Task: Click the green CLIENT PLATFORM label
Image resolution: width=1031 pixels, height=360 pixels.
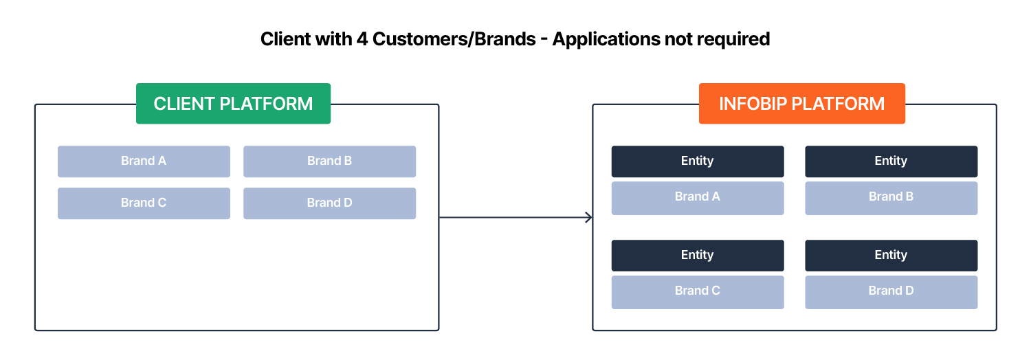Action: (233, 104)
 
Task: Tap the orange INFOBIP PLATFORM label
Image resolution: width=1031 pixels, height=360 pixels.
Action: (801, 104)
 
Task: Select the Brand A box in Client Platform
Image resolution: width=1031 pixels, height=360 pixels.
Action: (144, 161)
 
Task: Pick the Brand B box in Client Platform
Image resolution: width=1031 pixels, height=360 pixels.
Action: (329, 161)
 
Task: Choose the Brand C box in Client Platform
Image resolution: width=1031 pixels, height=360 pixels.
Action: (144, 203)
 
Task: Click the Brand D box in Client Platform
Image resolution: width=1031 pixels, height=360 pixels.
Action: (329, 203)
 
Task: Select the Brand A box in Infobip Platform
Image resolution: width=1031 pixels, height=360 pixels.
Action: (697, 197)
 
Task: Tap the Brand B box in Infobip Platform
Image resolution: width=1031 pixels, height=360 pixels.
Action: (891, 197)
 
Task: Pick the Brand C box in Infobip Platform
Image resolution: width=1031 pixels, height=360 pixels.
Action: (697, 291)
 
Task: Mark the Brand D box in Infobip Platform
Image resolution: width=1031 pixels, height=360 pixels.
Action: (891, 291)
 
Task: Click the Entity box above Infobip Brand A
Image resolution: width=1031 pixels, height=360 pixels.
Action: (697, 161)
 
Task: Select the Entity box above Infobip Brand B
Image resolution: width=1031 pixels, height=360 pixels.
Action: (891, 161)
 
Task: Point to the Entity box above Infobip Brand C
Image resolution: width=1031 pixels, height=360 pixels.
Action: (697, 256)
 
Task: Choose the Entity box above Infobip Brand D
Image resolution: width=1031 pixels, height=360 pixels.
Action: (891, 256)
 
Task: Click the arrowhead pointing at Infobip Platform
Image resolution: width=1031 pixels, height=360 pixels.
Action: (588, 218)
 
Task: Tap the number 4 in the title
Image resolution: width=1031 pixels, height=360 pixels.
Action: (362, 39)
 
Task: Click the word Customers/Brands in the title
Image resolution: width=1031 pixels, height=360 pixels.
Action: (454, 39)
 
